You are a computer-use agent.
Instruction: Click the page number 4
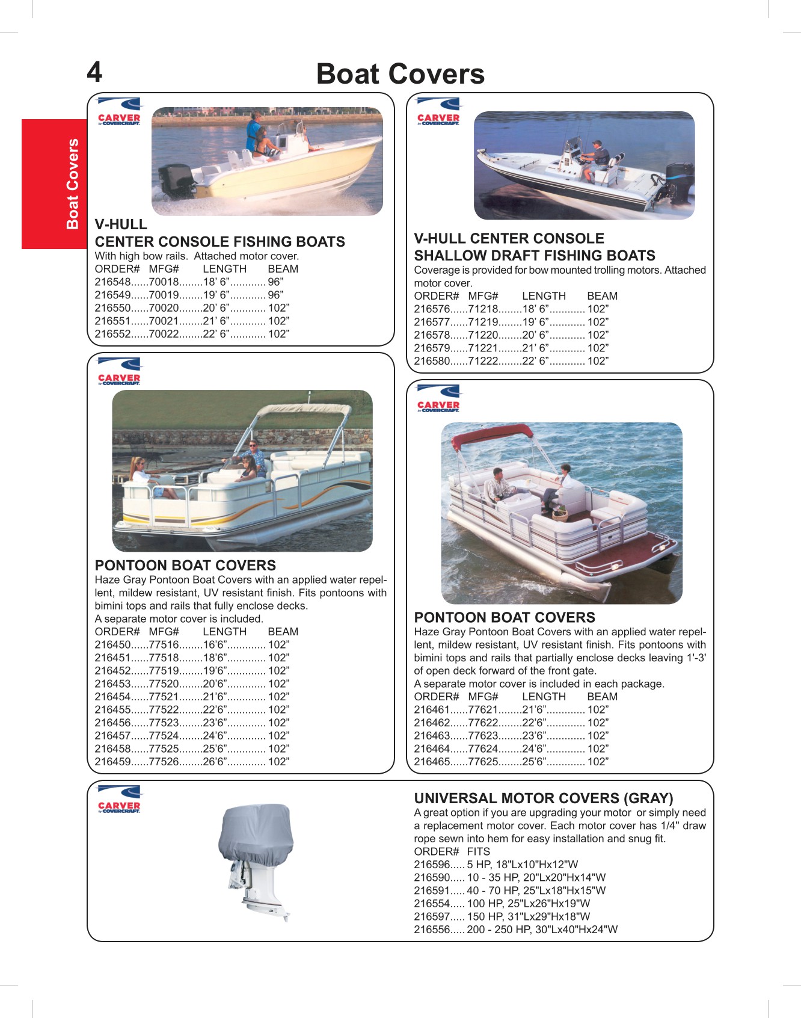[x=94, y=72]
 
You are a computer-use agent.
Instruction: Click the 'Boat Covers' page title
[x=400, y=74]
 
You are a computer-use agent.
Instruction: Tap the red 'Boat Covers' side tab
[x=73, y=184]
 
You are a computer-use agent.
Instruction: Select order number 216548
[x=112, y=282]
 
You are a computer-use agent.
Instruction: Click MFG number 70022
[x=164, y=335]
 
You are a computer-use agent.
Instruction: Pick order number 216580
[x=432, y=361]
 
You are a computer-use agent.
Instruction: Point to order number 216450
[x=112, y=645]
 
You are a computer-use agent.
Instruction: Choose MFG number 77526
[x=164, y=762]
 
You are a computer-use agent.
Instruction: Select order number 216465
[x=432, y=762]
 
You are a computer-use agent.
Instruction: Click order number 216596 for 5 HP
[x=432, y=865]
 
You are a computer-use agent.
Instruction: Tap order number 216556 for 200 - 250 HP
[x=432, y=930]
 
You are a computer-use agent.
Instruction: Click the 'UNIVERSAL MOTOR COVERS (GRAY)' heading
[x=543, y=798]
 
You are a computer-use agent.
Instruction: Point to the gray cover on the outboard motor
[x=257, y=833]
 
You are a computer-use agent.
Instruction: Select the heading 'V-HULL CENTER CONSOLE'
[x=509, y=238]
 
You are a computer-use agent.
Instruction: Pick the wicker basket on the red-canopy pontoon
[x=560, y=513]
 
